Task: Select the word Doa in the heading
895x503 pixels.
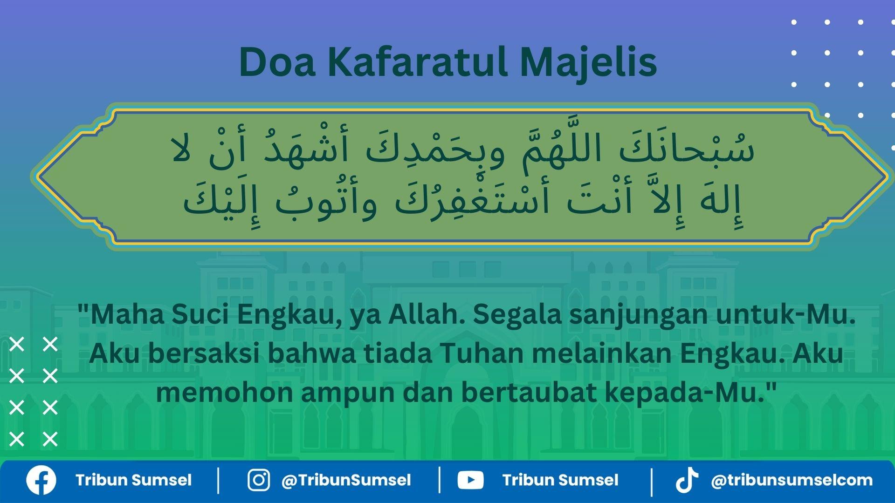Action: pos(277,62)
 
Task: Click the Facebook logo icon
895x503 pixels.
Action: pos(41,480)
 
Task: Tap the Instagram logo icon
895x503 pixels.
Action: pos(258,480)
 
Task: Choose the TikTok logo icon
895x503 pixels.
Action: pos(687,480)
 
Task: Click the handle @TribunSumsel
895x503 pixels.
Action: pos(346,480)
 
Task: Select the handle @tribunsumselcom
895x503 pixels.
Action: pos(792,480)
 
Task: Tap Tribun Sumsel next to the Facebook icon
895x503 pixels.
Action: pos(133,480)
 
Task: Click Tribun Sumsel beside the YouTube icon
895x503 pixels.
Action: pos(560,480)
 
